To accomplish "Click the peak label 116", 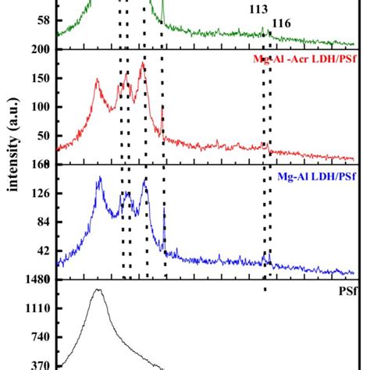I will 281,25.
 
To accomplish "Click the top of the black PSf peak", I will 98,290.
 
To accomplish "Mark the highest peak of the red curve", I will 141,63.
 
